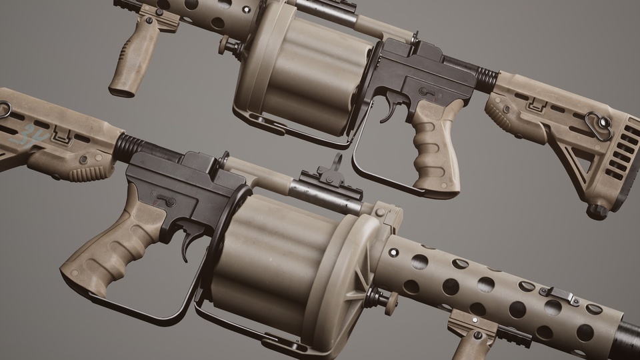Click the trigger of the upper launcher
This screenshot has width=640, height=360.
(389, 110)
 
